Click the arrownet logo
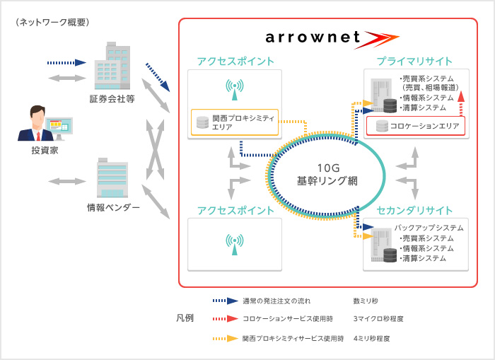coord(322,37)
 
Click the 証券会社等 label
coord(112,98)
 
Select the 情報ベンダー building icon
coord(112,179)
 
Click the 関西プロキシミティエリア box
coord(234,122)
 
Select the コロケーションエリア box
coord(416,126)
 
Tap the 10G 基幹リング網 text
coord(327,174)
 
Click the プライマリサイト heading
coord(414,62)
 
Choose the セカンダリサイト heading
coord(414,211)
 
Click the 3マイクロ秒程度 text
coord(378,319)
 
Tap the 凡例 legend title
coord(185,319)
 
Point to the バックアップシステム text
coord(429,228)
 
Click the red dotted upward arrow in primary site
coord(460,103)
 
